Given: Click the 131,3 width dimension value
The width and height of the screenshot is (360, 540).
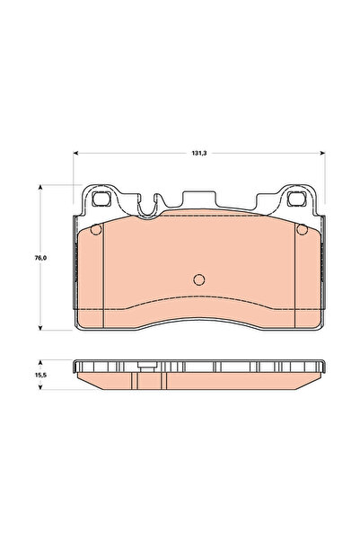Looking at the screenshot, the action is pos(199,154).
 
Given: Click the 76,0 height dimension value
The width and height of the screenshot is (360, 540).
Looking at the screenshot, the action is pos(40,258).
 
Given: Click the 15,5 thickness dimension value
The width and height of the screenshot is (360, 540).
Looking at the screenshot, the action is pos(40,375).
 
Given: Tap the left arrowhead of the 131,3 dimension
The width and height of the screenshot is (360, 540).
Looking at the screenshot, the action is pos(76,153).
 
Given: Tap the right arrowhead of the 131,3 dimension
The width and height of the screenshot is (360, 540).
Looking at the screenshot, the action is pos(322,153).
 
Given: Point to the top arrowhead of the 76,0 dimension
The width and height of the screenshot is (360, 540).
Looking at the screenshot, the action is pos(40,188).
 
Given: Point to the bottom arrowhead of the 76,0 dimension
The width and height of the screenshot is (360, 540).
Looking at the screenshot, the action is pos(40,328).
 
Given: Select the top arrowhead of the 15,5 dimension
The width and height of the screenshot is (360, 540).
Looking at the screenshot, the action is pos(40,363).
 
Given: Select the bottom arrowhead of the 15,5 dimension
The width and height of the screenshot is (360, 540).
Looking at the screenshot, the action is pos(40,386).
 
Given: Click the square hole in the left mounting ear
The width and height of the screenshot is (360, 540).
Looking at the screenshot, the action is pos(101,199).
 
